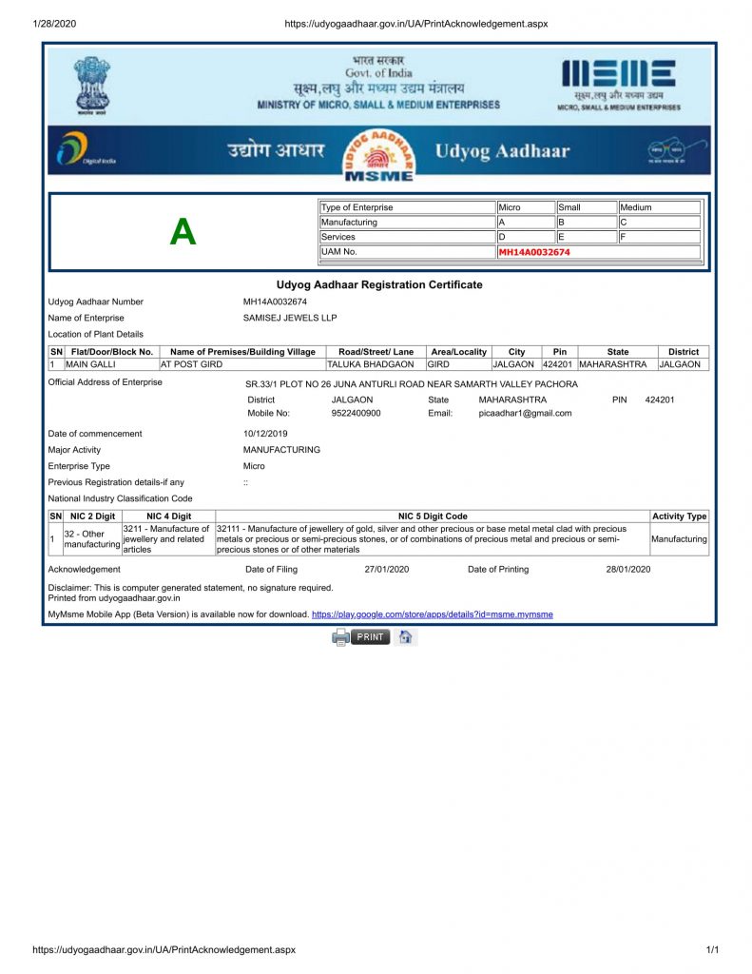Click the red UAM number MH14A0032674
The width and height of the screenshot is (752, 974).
[534, 252]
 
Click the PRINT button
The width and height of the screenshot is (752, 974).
[370, 637]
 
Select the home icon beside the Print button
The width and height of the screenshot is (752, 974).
[405, 637]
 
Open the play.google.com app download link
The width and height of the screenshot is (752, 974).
[432, 614]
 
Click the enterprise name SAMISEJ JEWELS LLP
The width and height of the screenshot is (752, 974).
[290, 318]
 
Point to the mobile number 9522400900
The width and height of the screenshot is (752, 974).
[357, 414]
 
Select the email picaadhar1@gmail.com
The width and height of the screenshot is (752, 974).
[525, 414]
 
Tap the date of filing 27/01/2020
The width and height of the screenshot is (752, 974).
[387, 570]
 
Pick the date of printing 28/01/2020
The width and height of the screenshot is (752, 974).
[628, 570]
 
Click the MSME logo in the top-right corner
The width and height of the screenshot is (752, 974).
[619, 85]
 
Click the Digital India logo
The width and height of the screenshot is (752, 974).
[87, 150]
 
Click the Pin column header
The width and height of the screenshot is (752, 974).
[560, 352]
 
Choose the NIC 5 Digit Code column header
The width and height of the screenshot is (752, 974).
[433, 516]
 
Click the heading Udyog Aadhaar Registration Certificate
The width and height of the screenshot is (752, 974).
[379, 284]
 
